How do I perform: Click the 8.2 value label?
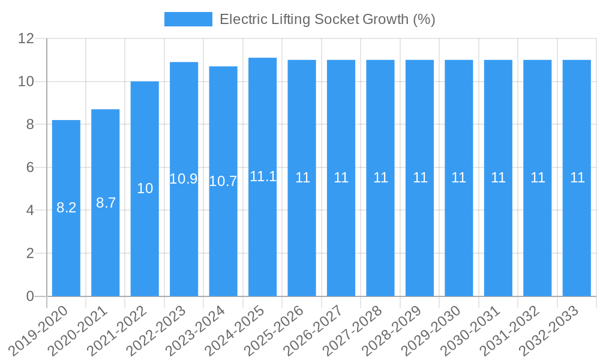[x=66, y=208]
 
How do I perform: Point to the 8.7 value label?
[x=106, y=203]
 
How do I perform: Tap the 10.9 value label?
[x=184, y=179]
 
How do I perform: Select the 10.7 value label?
[x=223, y=181]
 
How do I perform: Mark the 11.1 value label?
[x=263, y=176]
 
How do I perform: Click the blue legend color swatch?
[x=188, y=19]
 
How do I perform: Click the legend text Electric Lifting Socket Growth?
[x=327, y=19]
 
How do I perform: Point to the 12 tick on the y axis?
[x=26, y=38]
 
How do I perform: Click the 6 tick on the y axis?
[x=31, y=167]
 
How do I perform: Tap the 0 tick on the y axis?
[x=31, y=296]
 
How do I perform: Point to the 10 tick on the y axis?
[x=26, y=82]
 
